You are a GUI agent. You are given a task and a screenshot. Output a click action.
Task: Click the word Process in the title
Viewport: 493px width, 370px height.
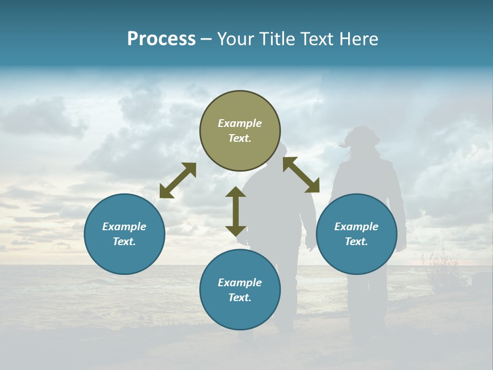click(161, 39)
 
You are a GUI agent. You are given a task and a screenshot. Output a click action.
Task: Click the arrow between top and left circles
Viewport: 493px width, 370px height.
click(178, 180)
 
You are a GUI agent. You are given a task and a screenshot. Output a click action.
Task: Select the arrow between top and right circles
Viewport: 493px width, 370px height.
click(301, 175)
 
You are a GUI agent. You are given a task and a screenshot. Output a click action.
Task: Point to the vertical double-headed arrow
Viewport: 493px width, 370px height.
click(236, 211)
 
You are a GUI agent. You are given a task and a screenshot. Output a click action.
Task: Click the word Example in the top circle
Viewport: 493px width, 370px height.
click(240, 123)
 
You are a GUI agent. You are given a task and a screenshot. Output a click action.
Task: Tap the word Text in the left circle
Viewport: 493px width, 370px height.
click(124, 242)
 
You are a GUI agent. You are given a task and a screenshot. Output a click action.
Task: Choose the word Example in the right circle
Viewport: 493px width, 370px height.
click(356, 227)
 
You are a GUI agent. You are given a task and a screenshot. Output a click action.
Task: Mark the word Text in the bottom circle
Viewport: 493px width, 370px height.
click(240, 298)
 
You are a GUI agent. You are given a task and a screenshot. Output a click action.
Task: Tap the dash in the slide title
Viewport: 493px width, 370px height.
click(206, 40)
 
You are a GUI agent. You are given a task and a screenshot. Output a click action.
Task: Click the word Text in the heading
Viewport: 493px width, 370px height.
click(315, 39)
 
